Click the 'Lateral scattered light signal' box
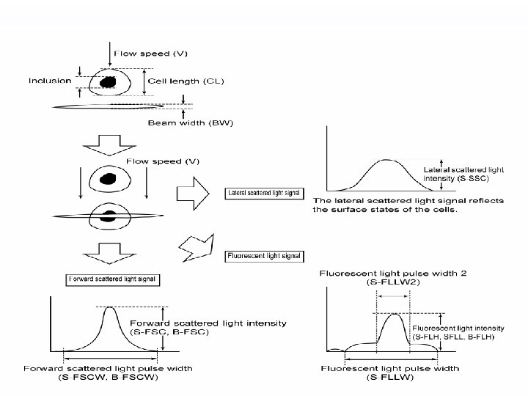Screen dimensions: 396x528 pyautogui.click(x=264, y=194)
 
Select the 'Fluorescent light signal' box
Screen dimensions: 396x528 pyautogui.click(x=263, y=256)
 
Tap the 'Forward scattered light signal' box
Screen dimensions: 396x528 pyautogui.click(x=113, y=279)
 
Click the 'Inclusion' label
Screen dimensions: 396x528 pyautogui.click(x=50, y=80)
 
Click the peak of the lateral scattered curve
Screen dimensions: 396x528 pyautogui.click(x=386, y=160)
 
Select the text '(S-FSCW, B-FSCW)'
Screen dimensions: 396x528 pyautogui.click(x=111, y=378)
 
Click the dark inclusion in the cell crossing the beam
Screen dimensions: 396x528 pyautogui.click(x=110, y=215)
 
